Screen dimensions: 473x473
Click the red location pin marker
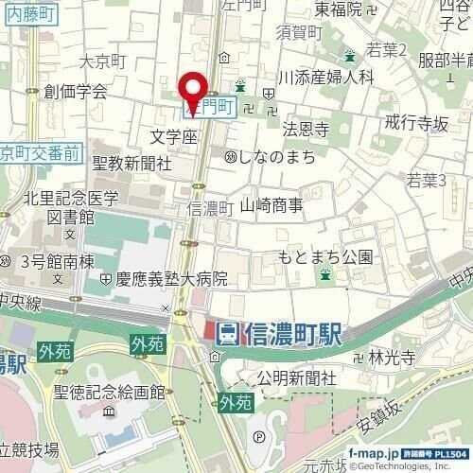(x=195, y=90)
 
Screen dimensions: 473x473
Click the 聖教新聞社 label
(x=131, y=164)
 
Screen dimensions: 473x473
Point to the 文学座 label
(x=173, y=137)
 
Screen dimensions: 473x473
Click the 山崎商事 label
(x=271, y=204)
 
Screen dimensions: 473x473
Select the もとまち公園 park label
(x=325, y=256)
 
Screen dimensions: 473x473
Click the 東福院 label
(x=339, y=10)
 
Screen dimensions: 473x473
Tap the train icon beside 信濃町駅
(x=226, y=332)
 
